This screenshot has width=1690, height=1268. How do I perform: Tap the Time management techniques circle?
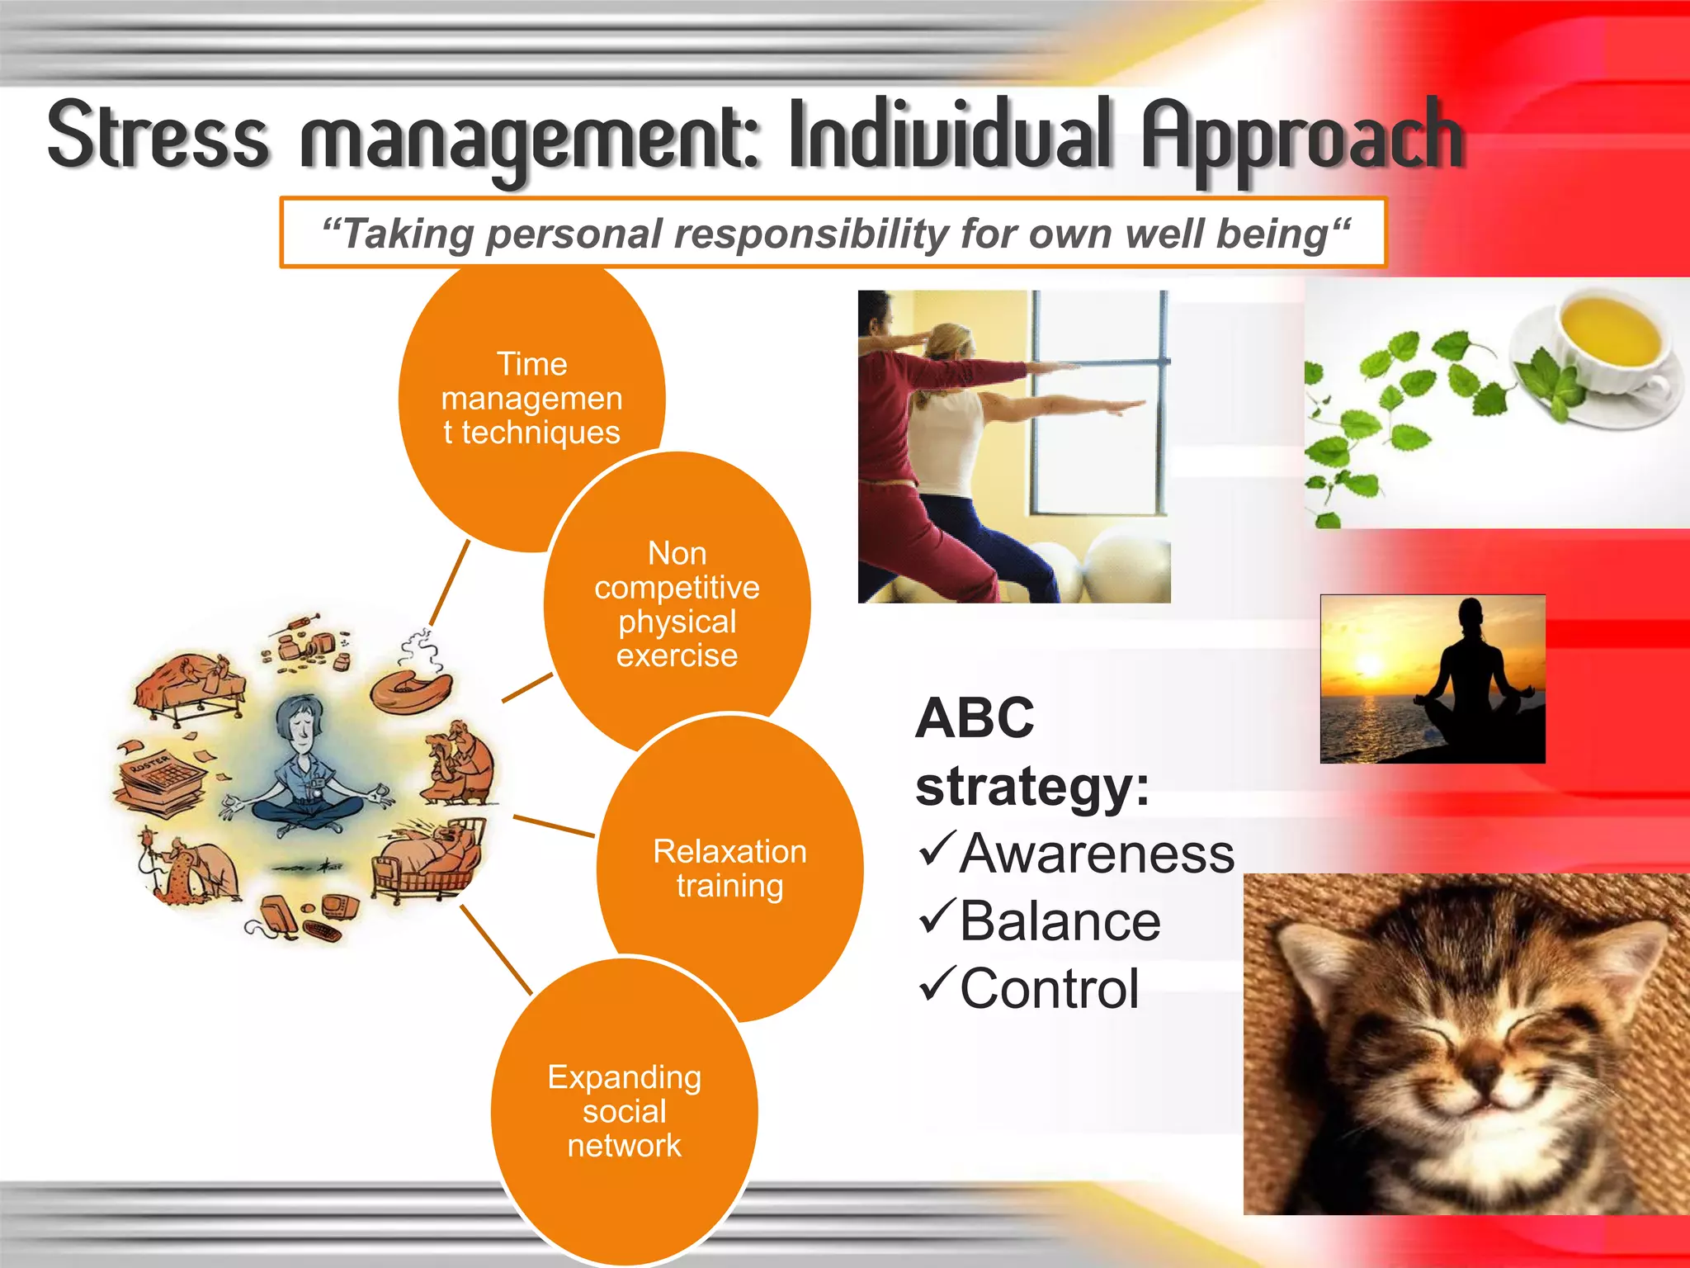(531, 398)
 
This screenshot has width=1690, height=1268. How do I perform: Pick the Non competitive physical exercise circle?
(677, 603)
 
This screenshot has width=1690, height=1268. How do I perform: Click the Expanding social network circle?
(624, 1110)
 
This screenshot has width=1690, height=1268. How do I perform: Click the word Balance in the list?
(1060, 921)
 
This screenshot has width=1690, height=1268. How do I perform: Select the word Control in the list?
(1049, 989)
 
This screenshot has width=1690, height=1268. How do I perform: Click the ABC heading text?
(975, 717)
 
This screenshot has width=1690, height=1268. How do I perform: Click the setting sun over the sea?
(1368, 665)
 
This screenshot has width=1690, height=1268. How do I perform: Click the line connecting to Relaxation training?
(553, 826)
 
